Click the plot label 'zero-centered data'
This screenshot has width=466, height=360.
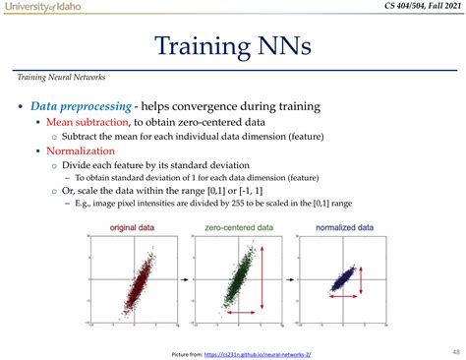pyautogui.click(x=239, y=227)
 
